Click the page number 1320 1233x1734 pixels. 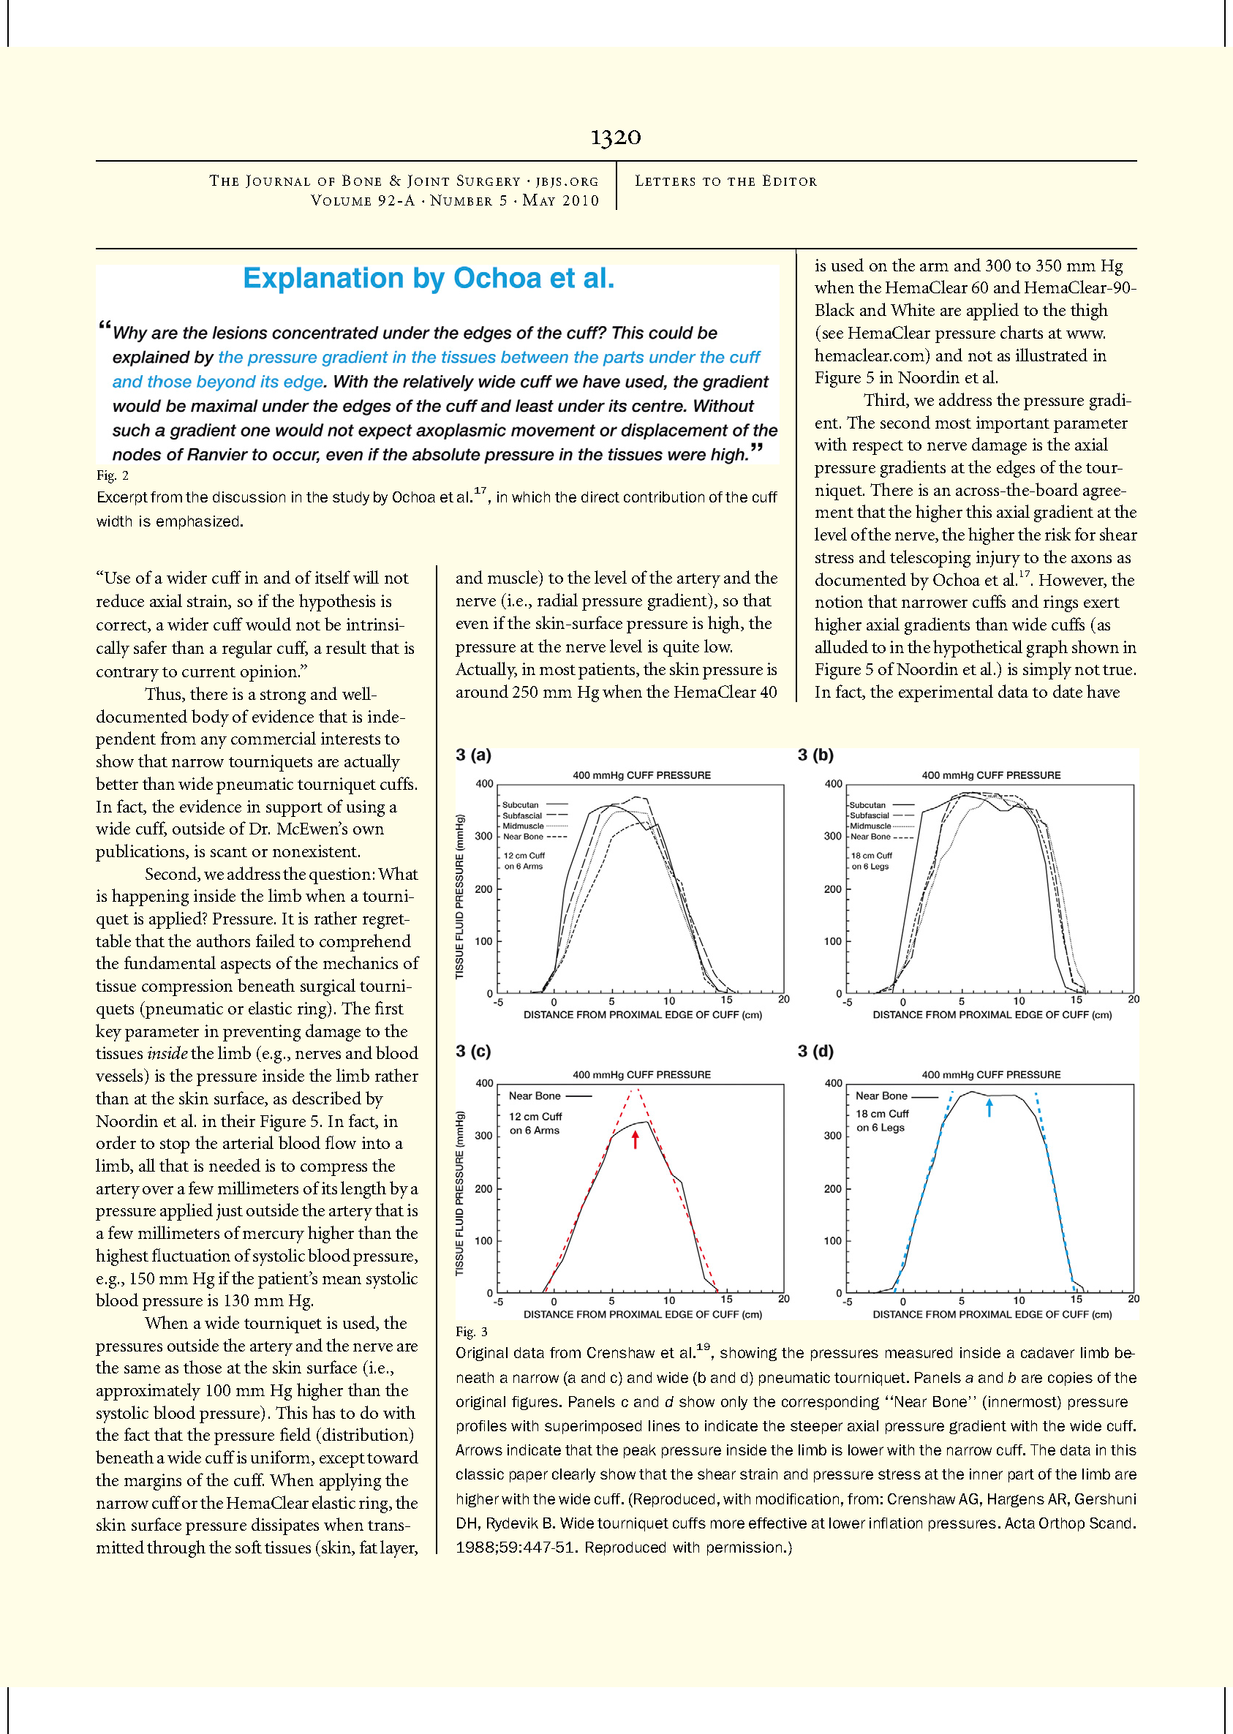[616, 137]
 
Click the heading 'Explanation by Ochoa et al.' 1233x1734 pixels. [429, 279]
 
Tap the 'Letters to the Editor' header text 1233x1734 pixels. [725, 181]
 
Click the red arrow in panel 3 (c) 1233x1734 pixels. [636, 1139]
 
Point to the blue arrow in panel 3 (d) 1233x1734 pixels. [989, 1108]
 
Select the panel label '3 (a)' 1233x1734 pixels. [473, 755]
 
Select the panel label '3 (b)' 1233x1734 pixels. [815, 755]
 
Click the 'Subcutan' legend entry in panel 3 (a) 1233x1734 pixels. [521, 804]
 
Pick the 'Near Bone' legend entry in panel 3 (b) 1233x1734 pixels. [870, 837]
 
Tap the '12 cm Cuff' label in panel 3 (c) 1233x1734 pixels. [535, 1116]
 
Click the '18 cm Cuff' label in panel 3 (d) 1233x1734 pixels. [882, 1114]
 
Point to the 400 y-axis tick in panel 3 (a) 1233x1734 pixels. [484, 783]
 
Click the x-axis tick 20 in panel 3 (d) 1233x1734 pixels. [1133, 1299]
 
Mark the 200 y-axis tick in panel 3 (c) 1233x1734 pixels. [484, 1189]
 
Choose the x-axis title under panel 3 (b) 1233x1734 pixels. [992, 1015]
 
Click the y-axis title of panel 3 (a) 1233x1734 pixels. [459, 896]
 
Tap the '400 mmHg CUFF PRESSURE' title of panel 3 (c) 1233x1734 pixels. [641, 1074]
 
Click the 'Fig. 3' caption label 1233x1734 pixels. [472, 1332]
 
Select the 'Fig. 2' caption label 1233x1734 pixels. [113, 475]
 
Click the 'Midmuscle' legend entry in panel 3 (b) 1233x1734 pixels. [870, 826]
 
